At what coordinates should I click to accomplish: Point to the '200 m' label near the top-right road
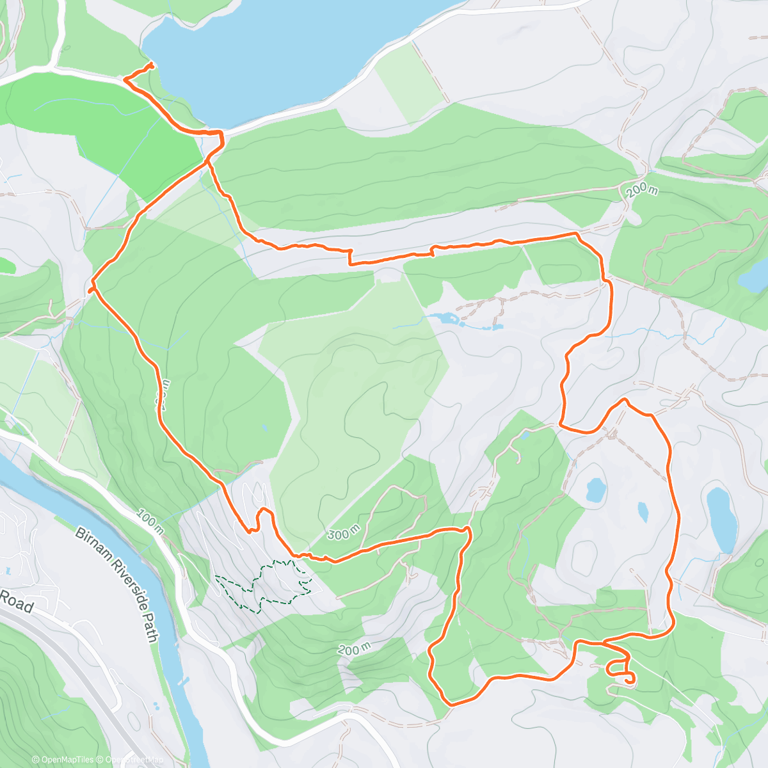coord(642,190)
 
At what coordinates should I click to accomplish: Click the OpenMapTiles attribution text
coord(62,760)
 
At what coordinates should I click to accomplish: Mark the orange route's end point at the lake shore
coord(151,65)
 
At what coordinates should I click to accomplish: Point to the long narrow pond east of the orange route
coord(721,519)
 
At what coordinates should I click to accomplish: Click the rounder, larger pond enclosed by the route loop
coord(595,490)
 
